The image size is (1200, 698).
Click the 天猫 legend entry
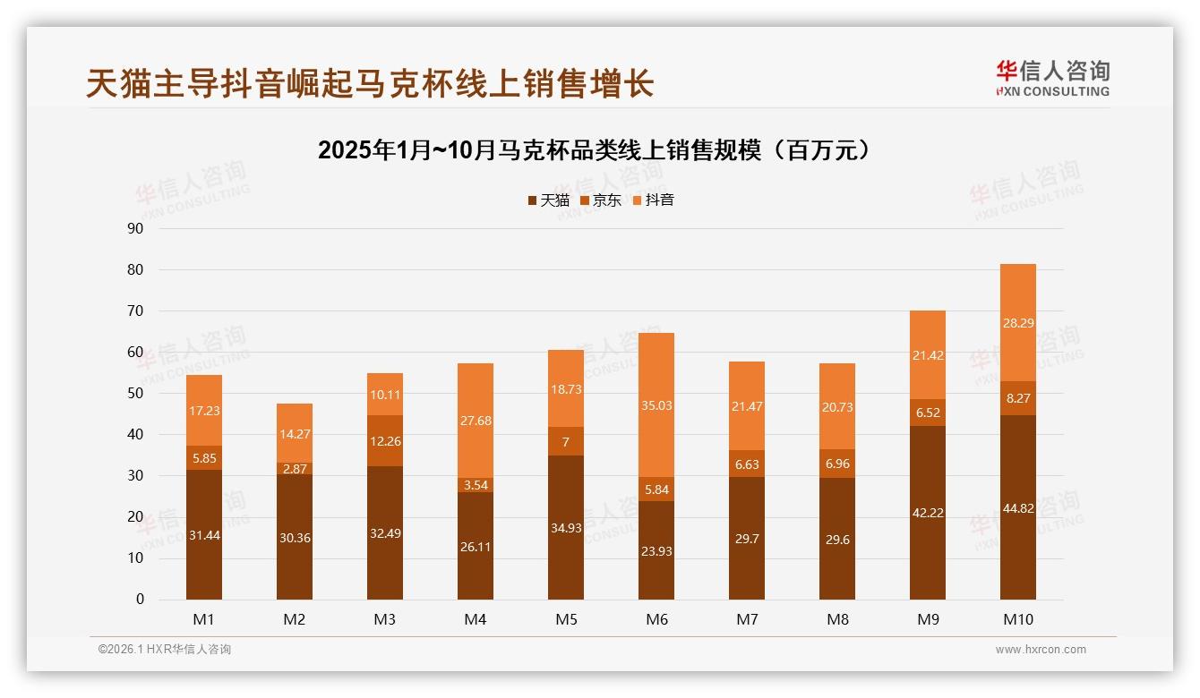tap(548, 200)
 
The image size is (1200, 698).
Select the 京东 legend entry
tap(600, 200)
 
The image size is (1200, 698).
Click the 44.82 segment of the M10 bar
tap(1018, 508)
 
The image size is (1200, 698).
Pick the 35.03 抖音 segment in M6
tap(656, 405)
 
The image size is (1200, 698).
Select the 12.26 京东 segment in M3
tap(385, 441)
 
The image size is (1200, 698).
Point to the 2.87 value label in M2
tap(295, 469)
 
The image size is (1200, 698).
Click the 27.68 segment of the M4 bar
tap(476, 421)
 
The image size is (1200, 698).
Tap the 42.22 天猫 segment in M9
tap(928, 513)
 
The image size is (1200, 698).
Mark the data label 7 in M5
tap(566, 442)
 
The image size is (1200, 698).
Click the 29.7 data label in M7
tap(747, 538)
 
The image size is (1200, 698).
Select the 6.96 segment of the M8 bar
tap(837, 464)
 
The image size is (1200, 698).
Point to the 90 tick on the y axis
tap(135, 228)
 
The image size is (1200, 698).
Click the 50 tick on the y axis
tap(135, 394)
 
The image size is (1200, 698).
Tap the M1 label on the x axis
tap(204, 619)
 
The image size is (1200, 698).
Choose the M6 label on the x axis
tap(656, 619)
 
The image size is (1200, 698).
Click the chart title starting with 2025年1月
tap(594, 150)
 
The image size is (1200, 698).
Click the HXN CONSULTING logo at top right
tap(1052, 79)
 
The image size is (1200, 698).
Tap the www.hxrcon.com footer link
tap(1041, 650)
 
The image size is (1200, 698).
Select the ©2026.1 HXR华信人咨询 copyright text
tap(165, 650)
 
